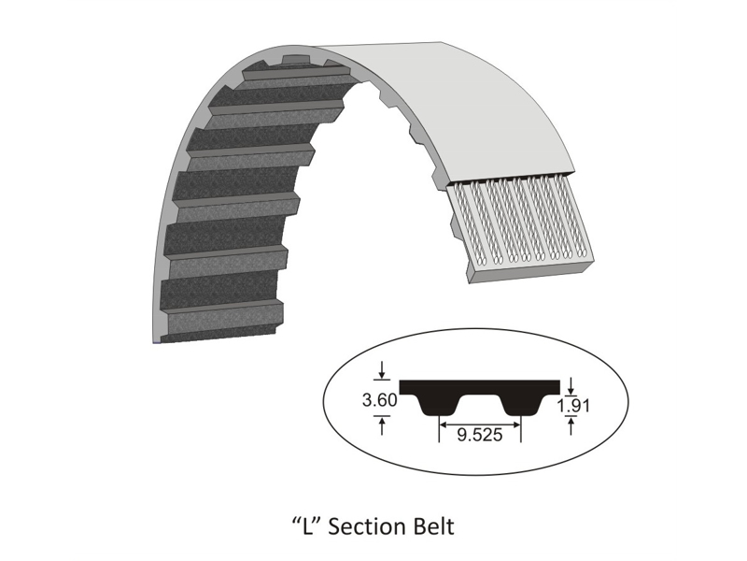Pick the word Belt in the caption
[x=433, y=526]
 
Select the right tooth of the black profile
[x=520, y=405]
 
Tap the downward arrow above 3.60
[x=382, y=375]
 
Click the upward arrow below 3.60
[x=382, y=424]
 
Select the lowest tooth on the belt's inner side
[x=224, y=318]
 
